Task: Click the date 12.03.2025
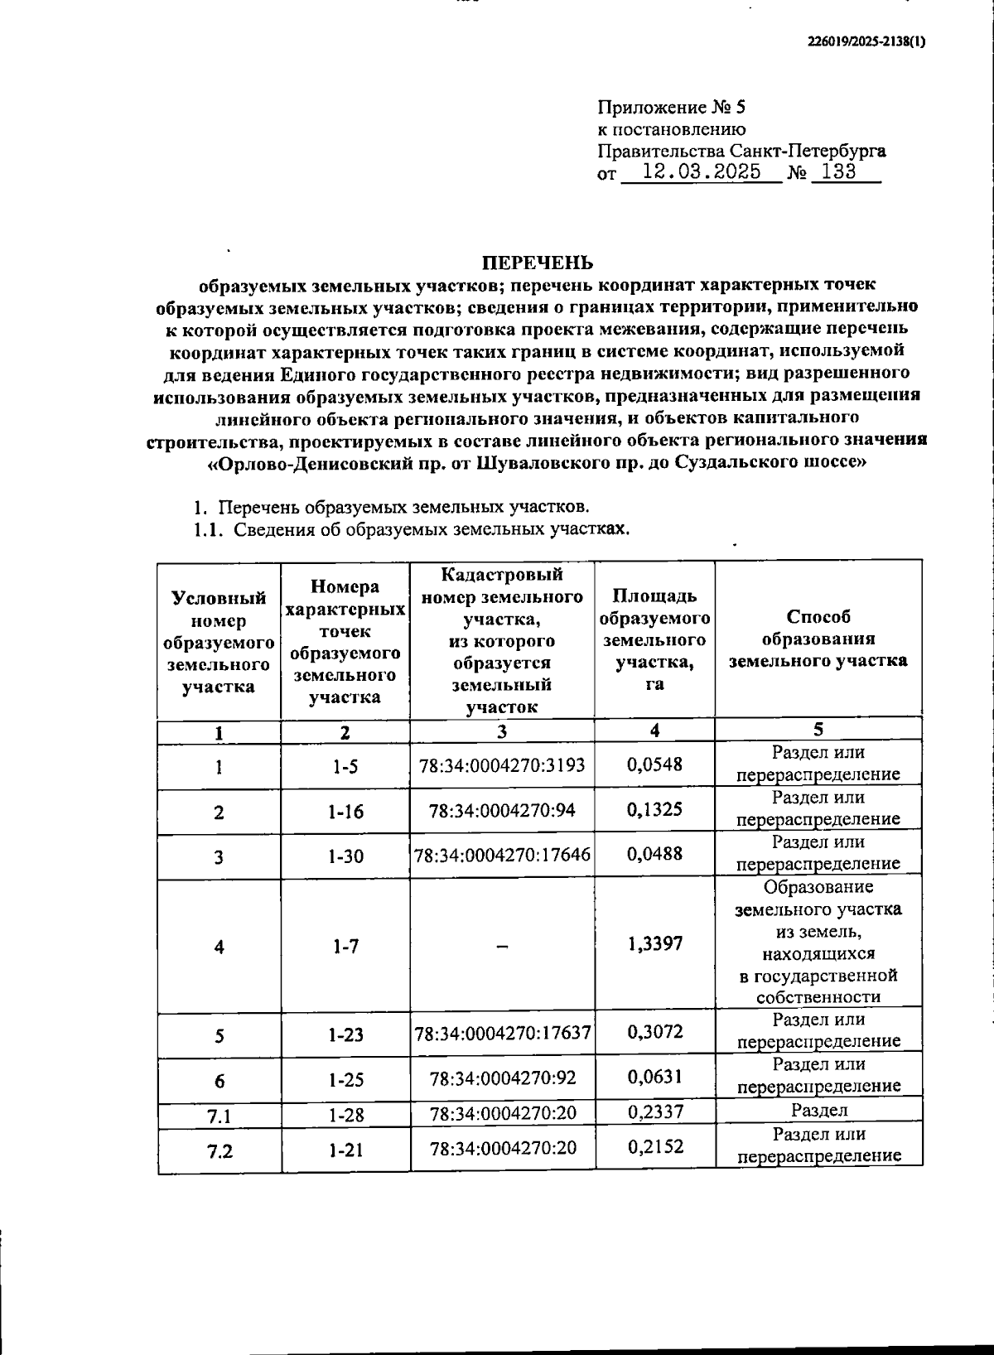(x=702, y=172)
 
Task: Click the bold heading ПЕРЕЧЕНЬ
(x=538, y=263)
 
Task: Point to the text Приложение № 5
(x=672, y=108)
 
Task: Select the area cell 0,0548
(x=654, y=764)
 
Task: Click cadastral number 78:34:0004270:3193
(x=502, y=765)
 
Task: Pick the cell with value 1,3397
(x=654, y=943)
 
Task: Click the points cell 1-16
(x=345, y=812)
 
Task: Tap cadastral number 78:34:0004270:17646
(x=502, y=855)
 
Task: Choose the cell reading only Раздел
(x=818, y=1111)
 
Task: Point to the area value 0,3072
(x=654, y=1032)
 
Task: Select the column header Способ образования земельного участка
(x=818, y=639)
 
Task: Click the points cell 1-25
(x=345, y=1080)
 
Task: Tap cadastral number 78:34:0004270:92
(x=502, y=1078)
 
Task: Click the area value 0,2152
(x=654, y=1147)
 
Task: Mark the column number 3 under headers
(x=502, y=731)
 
